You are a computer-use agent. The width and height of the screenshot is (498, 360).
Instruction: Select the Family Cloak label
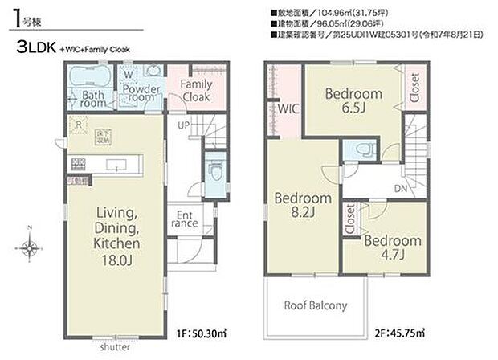click(x=195, y=89)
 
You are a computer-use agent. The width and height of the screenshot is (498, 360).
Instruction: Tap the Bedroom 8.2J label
click(x=303, y=206)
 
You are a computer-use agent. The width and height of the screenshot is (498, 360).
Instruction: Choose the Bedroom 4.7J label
click(x=391, y=247)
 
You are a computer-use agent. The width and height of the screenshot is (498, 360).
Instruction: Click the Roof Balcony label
click(x=316, y=305)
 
